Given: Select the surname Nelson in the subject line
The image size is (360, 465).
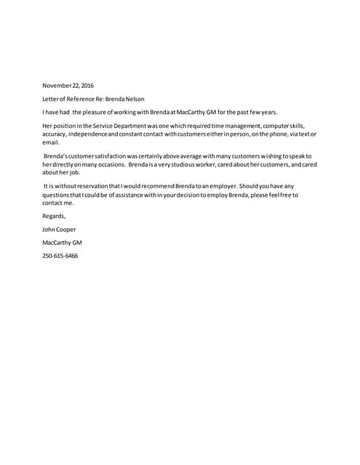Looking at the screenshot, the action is tap(125, 99).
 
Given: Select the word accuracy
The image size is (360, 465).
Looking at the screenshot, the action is tap(55, 135).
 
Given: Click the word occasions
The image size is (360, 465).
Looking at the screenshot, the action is tap(110, 165).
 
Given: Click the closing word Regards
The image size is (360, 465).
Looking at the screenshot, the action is tap(55, 217).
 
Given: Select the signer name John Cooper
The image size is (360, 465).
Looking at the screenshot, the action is tap(60, 230).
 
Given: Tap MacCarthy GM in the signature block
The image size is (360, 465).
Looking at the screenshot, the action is tap(62, 243).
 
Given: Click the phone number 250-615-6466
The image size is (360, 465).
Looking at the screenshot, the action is tap(60, 256).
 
